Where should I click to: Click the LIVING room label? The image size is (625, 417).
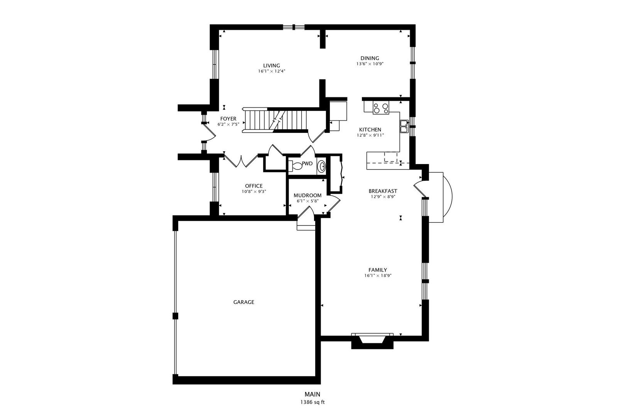click(272, 66)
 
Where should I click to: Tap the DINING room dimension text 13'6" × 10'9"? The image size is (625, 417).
click(370, 64)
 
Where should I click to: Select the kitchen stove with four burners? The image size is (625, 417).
click(381, 108)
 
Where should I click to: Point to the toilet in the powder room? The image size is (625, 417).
click(295, 166)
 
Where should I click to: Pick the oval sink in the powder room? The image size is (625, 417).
click(321, 166)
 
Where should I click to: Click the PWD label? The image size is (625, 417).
click(307, 164)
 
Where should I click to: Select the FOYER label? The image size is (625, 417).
click(228, 119)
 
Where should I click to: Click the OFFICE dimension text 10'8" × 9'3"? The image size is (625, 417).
click(254, 192)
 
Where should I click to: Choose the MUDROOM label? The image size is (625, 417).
click(307, 195)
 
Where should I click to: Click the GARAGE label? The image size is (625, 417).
click(243, 302)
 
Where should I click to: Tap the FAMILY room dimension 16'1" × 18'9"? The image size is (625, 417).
click(378, 275)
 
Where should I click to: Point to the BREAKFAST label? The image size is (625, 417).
click(383, 191)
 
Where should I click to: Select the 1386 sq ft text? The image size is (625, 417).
click(312, 402)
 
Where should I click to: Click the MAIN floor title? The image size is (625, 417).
click(312, 394)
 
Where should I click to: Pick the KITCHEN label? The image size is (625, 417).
click(370, 130)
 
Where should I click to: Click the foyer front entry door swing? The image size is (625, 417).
click(209, 133)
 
